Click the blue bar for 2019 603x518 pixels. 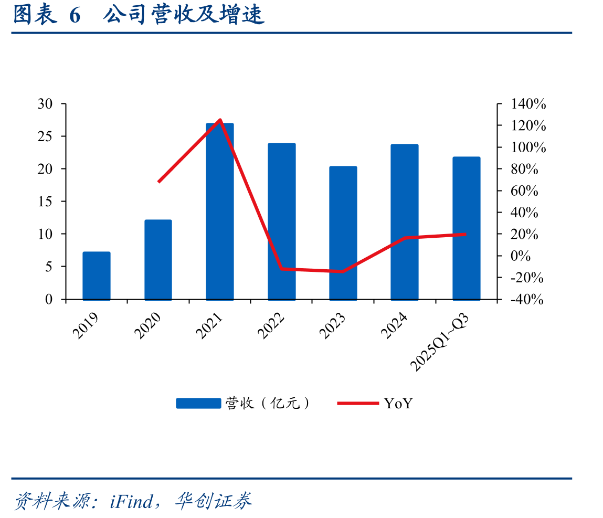pyautogui.click(x=97, y=276)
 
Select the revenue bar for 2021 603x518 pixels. pyautogui.click(x=220, y=211)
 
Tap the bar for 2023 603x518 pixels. pyautogui.click(x=343, y=232)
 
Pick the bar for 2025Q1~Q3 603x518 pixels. pyautogui.click(x=467, y=228)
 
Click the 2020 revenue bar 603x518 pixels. pyautogui.click(x=158, y=260)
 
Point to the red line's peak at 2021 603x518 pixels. pyautogui.click(x=220, y=120)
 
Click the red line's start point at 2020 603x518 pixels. pyautogui.click(x=158, y=182)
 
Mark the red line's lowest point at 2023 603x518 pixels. pyautogui.click(x=343, y=271)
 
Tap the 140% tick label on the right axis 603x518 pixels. pyautogui.click(x=528, y=104)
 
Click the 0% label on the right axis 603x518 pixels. pyautogui.click(x=520, y=256)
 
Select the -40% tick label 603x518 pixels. pyautogui.click(x=527, y=299)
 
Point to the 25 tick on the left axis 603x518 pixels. pyautogui.click(x=45, y=136)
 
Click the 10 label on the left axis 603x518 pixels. pyautogui.click(x=45, y=234)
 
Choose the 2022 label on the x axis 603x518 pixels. pyautogui.click(x=271, y=325)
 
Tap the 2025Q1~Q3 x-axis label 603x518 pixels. pyautogui.click(x=440, y=342)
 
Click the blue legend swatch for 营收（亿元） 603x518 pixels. pyautogui.click(x=198, y=403)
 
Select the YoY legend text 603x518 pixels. pyautogui.click(x=398, y=404)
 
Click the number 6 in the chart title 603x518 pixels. pyautogui.click(x=75, y=16)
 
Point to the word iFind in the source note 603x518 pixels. pyautogui.click(x=131, y=501)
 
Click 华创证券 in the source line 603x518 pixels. pyautogui.click(x=214, y=501)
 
